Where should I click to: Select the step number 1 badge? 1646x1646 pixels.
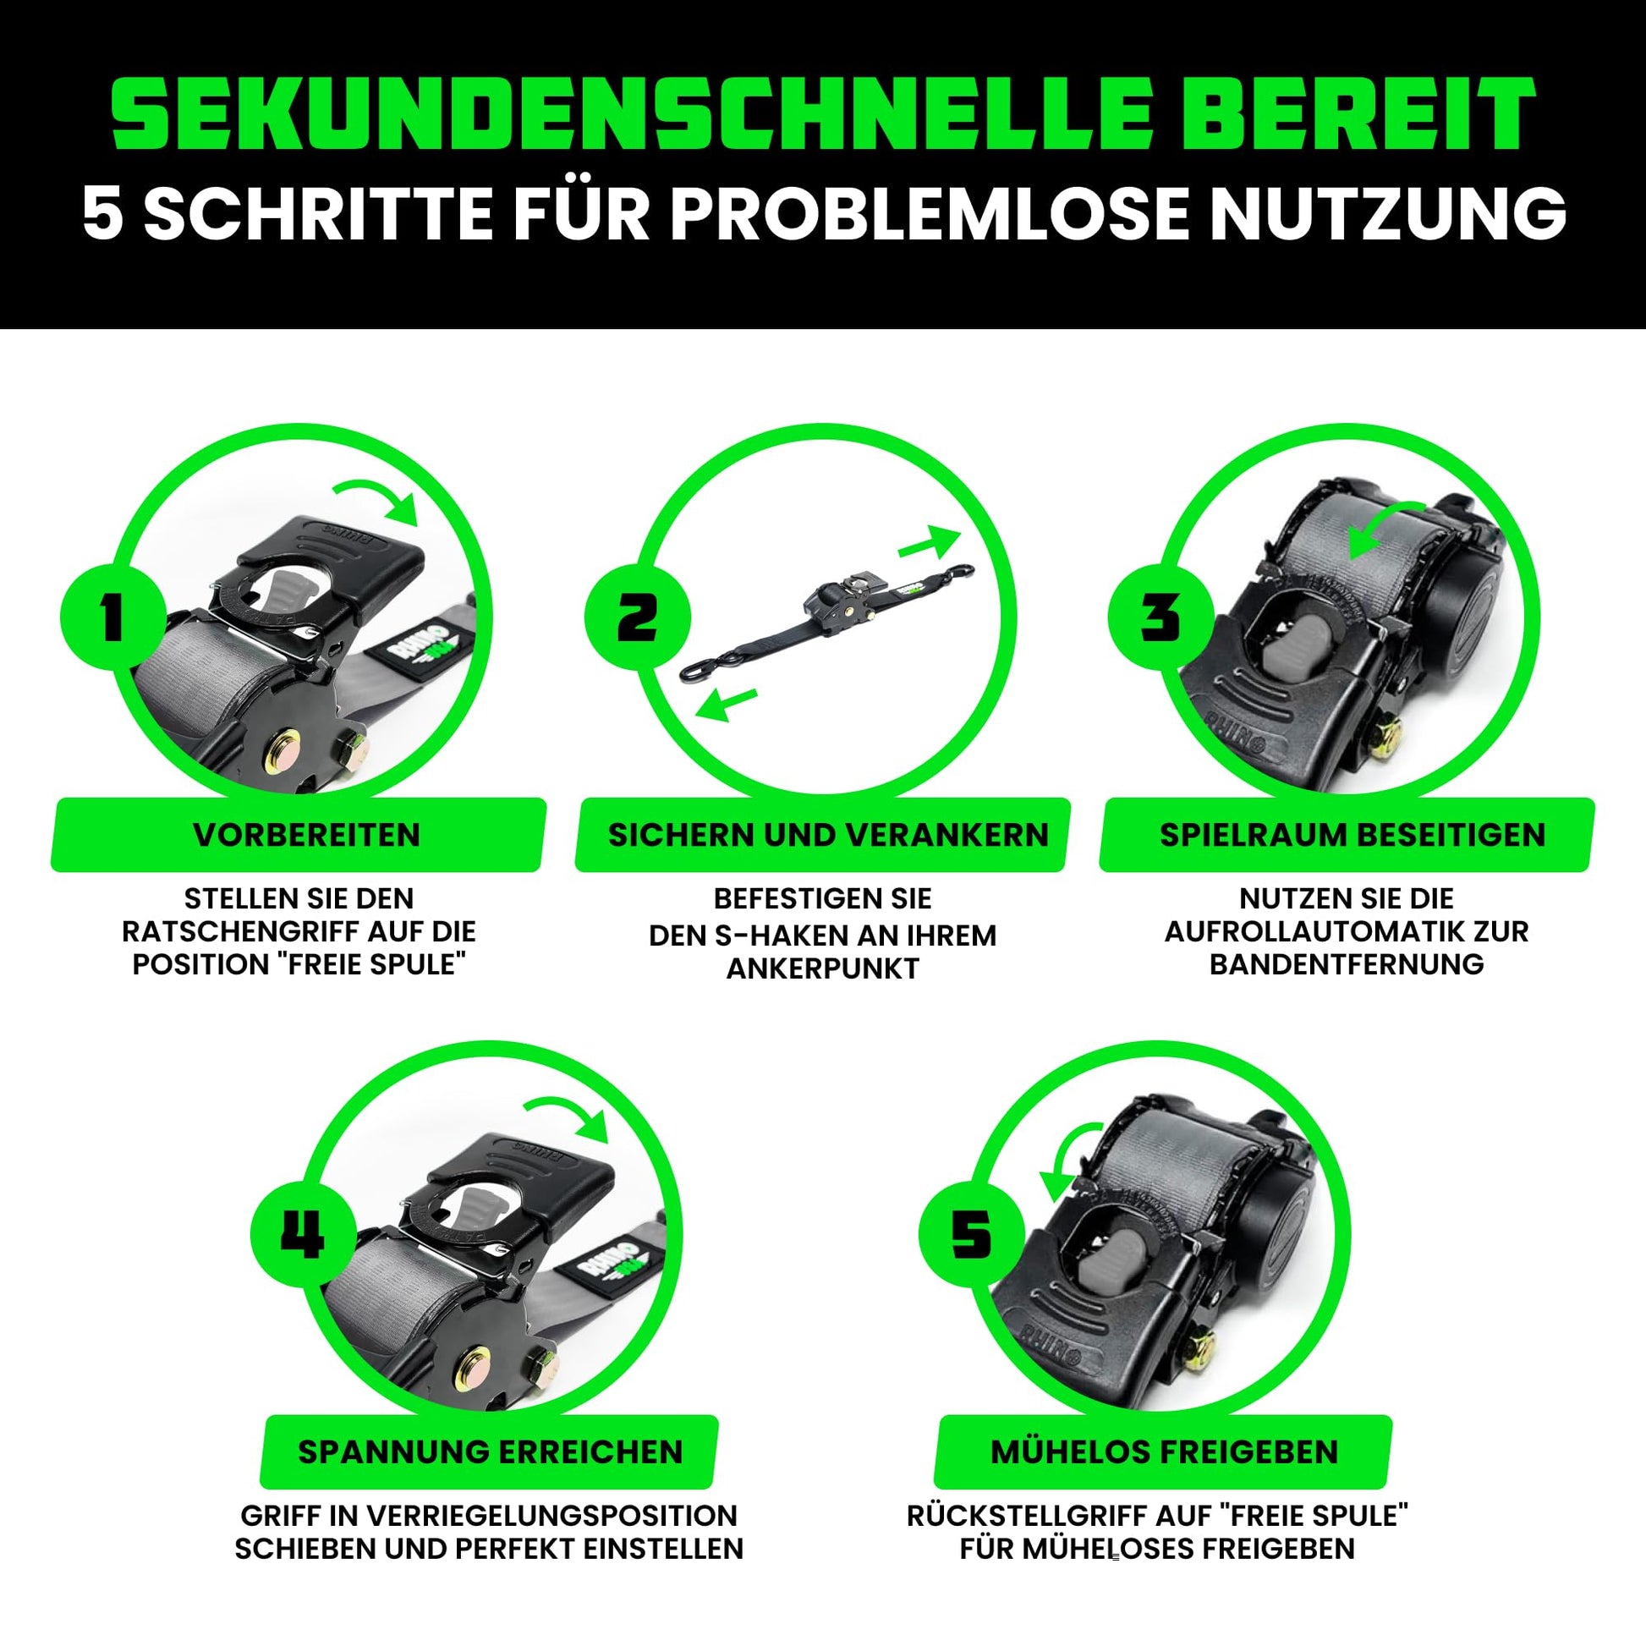click(112, 617)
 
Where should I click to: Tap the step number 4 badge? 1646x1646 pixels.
click(304, 1235)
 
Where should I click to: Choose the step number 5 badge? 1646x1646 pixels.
click(971, 1235)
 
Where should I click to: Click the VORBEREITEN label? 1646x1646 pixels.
click(307, 835)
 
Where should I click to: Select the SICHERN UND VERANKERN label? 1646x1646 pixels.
click(828, 835)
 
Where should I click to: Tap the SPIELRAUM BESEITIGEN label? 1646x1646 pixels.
click(1352, 835)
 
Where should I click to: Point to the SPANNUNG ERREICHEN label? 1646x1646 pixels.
click(490, 1451)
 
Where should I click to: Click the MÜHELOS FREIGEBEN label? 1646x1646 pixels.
click(1165, 1451)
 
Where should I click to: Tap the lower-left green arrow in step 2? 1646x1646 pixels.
click(725, 704)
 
